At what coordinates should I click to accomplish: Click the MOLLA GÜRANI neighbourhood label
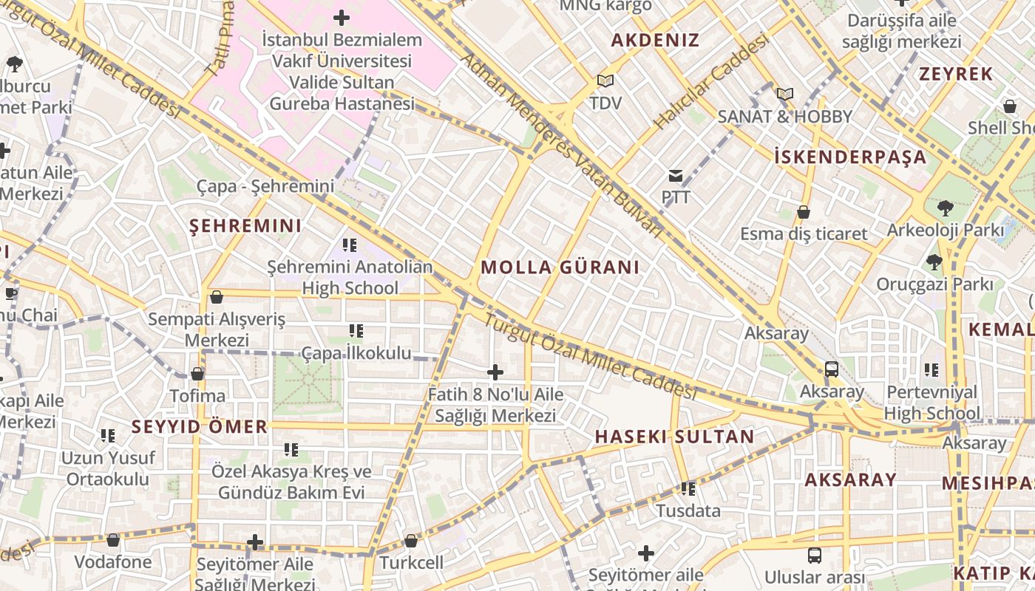pos(560,267)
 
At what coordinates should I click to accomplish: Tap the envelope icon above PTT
pos(676,176)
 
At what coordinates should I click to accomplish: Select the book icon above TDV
pos(605,81)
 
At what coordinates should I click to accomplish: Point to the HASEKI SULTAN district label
pos(674,437)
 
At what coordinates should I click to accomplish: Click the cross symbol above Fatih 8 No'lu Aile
pos(495,372)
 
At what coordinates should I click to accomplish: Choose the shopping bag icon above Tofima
pos(197,374)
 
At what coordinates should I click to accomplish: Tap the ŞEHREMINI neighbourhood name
pos(245,226)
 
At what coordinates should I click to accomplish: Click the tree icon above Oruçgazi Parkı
pos(934,262)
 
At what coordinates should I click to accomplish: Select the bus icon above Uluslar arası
pos(815,555)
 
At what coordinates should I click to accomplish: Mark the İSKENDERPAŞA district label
pos(850,157)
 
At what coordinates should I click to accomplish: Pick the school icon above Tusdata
pos(688,488)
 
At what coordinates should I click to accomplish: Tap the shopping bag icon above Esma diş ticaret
pos(804,213)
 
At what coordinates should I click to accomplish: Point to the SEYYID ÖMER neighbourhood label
pos(200,426)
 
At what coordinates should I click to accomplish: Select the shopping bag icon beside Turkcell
pos(411,541)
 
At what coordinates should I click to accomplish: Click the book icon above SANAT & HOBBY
pos(784,95)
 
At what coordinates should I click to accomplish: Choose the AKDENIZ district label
pos(655,41)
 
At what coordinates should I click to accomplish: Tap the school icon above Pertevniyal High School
pos(931,369)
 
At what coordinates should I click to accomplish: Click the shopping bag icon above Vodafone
pos(113,540)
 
